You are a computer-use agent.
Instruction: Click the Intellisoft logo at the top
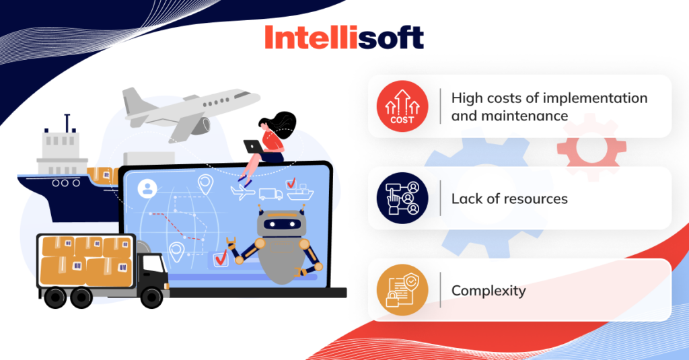(x=344, y=37)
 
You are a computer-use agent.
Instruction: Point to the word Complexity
(x=488, y=291)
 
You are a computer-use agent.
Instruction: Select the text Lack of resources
(x=509, y=199)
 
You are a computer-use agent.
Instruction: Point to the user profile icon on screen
(x=146, y=188)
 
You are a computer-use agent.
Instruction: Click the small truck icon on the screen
(x=270, y=194)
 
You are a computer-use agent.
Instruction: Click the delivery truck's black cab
(x=153, y=270)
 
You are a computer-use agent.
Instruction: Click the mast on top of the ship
(x=67, y=123)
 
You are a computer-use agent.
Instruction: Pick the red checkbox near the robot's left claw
(x=219, y=258)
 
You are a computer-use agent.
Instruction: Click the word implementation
(x=596, y=98)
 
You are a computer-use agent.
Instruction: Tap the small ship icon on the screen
(x=299, y=194)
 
